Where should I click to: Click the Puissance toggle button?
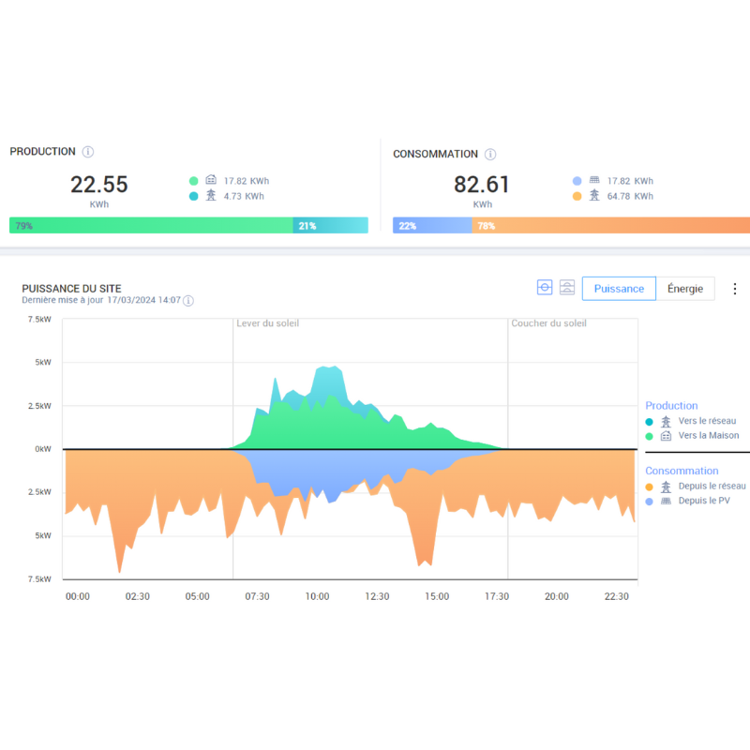coord(619,289)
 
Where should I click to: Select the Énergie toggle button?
coord(685,289)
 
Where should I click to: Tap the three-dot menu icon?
coord(735,289)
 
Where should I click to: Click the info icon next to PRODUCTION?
coord(88,152)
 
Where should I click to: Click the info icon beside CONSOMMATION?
coord(490,155)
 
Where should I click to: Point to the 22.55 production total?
coord(98,185)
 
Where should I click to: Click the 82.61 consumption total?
coord(482,185)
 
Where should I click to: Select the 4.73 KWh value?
coord(244,196)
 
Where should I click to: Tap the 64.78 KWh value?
coord(630,196)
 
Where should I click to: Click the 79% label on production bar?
coord(23,226)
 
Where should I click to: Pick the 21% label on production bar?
coord(307,226)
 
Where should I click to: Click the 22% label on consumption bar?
coord(407,226)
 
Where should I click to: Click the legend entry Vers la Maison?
coord(709,435)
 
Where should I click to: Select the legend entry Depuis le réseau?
coord(712,487)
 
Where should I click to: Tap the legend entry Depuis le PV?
coord(704,501)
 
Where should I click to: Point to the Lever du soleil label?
coord(268,323)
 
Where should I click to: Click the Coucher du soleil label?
coord(548,323)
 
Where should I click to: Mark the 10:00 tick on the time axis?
coord(317,596)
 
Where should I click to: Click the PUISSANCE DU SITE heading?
coord(71,289)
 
